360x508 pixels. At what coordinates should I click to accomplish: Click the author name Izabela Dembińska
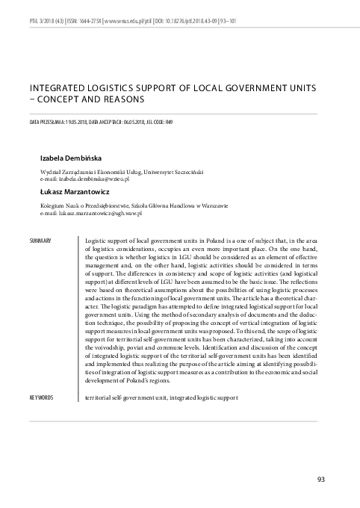[x=72, y=158]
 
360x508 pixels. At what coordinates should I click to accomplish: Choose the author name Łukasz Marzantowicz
[x=72, y=192]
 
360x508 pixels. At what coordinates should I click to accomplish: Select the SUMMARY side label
[x=40, y=241]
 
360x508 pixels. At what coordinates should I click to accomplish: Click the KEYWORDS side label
[x=41, y=397]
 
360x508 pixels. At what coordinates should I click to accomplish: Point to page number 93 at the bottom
[x=322, y=479]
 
